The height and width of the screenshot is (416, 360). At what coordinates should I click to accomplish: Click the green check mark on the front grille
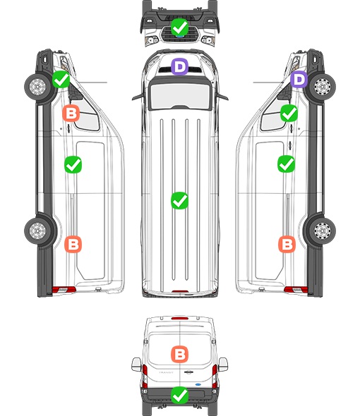[179, 27]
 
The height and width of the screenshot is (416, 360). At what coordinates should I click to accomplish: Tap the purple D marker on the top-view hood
[179, 66]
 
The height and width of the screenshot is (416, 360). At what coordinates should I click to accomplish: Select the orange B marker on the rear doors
[179, 354]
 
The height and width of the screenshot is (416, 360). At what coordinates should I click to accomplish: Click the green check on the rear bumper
[179, 396]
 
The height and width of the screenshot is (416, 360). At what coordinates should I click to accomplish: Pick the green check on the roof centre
[179, 200]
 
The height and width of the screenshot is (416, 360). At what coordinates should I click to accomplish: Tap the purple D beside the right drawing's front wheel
[299, 79]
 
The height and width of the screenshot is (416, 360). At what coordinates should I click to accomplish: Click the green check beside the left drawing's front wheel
[61, 79]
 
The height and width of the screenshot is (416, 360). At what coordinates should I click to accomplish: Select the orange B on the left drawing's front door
[71, 113]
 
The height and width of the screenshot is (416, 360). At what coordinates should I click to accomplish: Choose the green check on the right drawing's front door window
[289, 113]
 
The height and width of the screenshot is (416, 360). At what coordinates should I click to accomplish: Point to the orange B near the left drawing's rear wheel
[73, 244]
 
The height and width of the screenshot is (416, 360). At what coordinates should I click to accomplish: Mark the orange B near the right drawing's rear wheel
[287, 244]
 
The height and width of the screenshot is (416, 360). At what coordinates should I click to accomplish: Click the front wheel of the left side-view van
[37, 87]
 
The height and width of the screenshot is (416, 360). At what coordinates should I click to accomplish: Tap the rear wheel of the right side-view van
[323, 231]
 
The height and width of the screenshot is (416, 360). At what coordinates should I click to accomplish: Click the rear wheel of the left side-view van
[37, 231]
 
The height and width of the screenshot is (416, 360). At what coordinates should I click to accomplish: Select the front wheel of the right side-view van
[323, 87]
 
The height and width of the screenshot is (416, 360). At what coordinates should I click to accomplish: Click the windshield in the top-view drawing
[180, 95]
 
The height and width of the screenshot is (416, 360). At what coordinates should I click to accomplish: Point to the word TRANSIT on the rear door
[166, 372]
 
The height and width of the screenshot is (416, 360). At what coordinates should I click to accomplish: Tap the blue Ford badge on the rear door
[198, 384]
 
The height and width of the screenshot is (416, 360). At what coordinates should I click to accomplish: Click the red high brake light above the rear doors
[180, 318]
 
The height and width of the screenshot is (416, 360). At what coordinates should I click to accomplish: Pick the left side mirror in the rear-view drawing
[136, 365]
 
